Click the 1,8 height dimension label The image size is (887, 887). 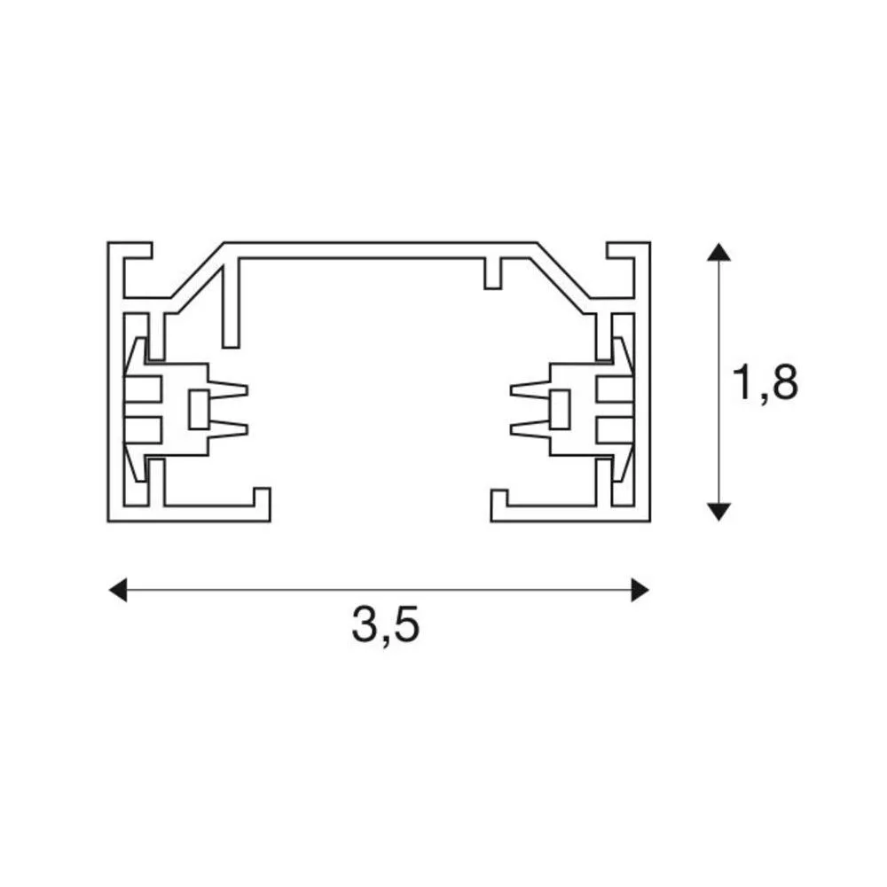point(765,383)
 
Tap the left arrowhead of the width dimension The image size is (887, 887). point(118,590)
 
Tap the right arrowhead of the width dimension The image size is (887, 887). point(640,590)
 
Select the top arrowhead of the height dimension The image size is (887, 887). point(718,252)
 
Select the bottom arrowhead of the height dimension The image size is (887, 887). point(718,512)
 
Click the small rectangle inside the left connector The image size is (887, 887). point(199,410)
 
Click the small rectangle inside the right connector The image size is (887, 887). point(560,410)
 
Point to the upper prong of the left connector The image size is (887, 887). point(229,390)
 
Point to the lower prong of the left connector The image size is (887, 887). point(229,429)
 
